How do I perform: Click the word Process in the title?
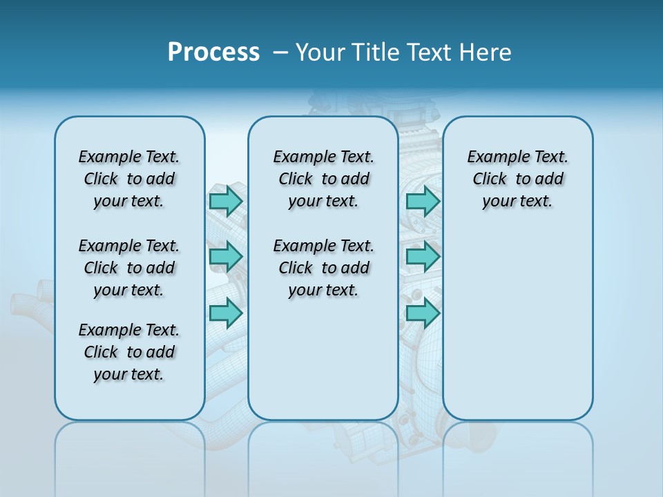[x=213, y=52]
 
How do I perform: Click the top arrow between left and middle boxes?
[x=226, y=201]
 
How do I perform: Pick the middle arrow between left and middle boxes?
[x=226, y=257]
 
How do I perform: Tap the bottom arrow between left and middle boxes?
[x=226, y=313]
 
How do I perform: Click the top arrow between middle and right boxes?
[x=423, y=201]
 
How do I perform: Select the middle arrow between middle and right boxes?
[x=423, y=257]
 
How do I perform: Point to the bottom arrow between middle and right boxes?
[x=423, y=313]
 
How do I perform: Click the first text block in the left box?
[x=129, y=179]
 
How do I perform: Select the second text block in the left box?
[x=129, y=268]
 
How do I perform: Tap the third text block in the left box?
[x=129, y=352]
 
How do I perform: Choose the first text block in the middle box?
[x=323, y=179]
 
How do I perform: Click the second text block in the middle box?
[x=323, y=268]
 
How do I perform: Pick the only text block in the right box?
[x=518, y=179]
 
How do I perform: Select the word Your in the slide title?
[x=318, y=52]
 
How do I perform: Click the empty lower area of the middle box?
[x=323, y=359]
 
